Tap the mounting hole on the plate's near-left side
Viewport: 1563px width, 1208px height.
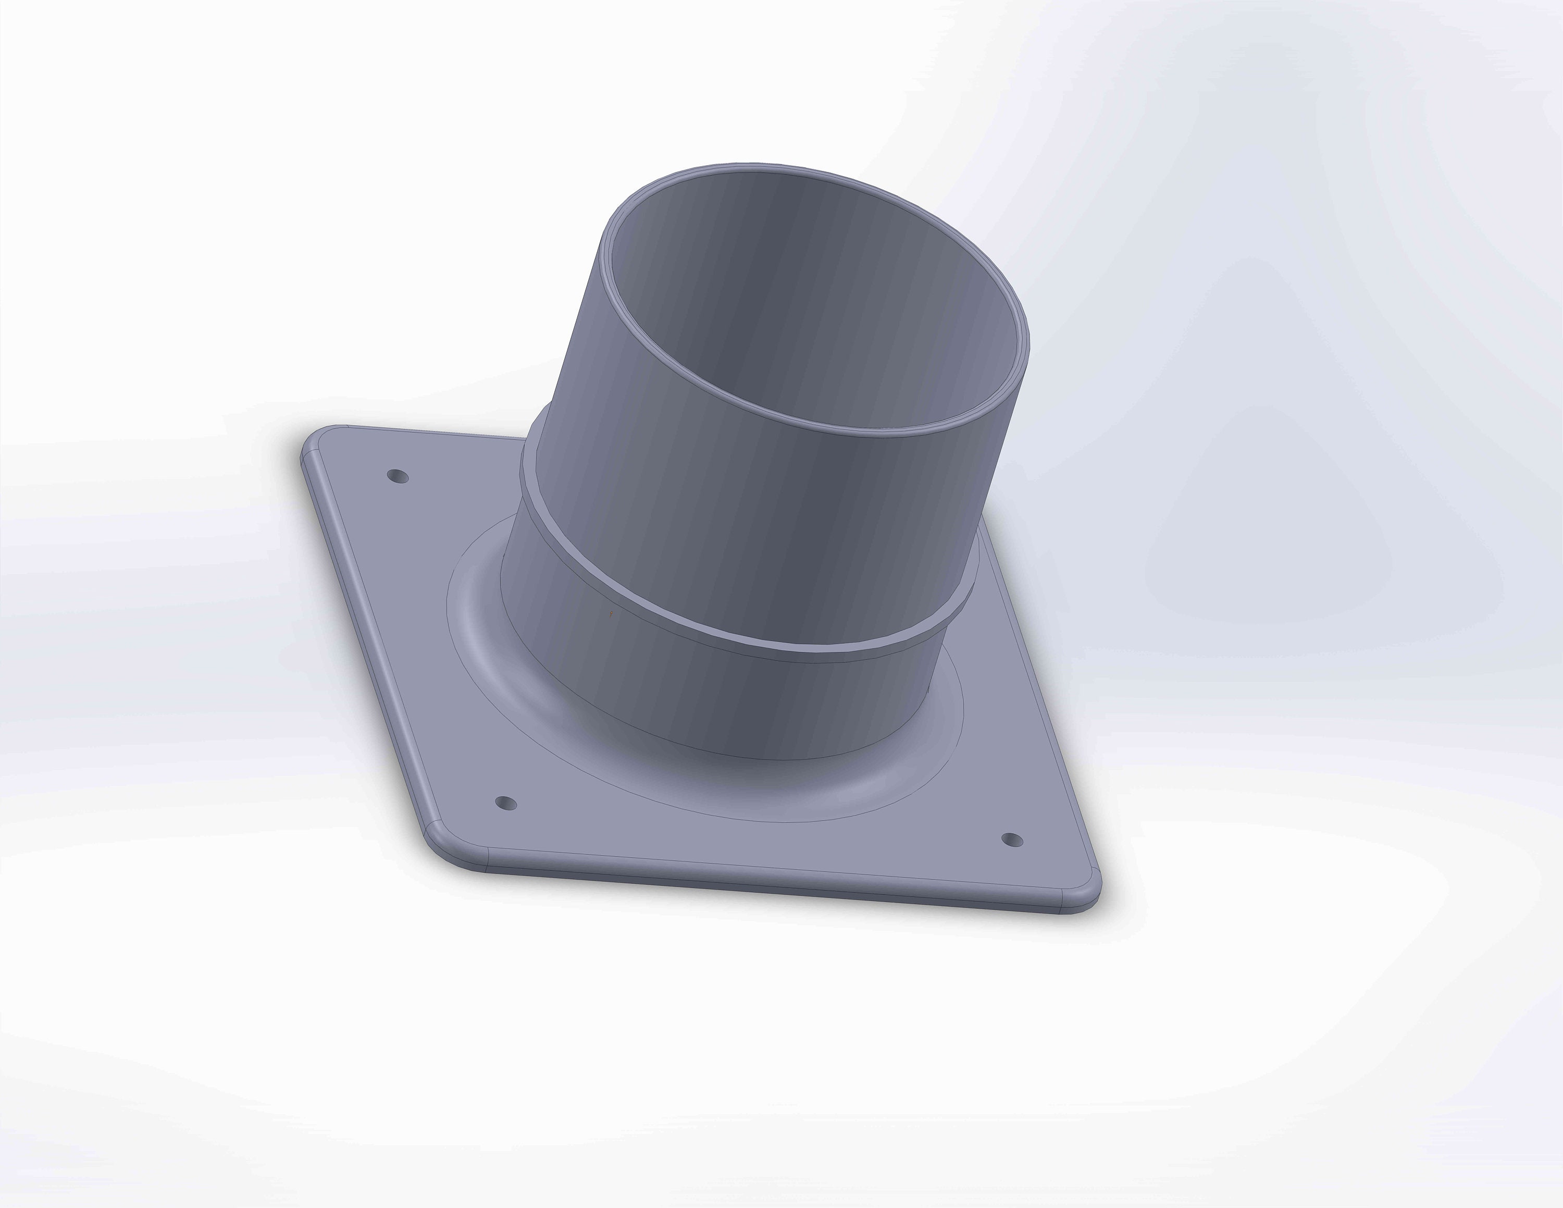506,803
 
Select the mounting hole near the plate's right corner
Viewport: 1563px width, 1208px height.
1011,840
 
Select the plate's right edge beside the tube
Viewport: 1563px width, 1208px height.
1031,687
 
